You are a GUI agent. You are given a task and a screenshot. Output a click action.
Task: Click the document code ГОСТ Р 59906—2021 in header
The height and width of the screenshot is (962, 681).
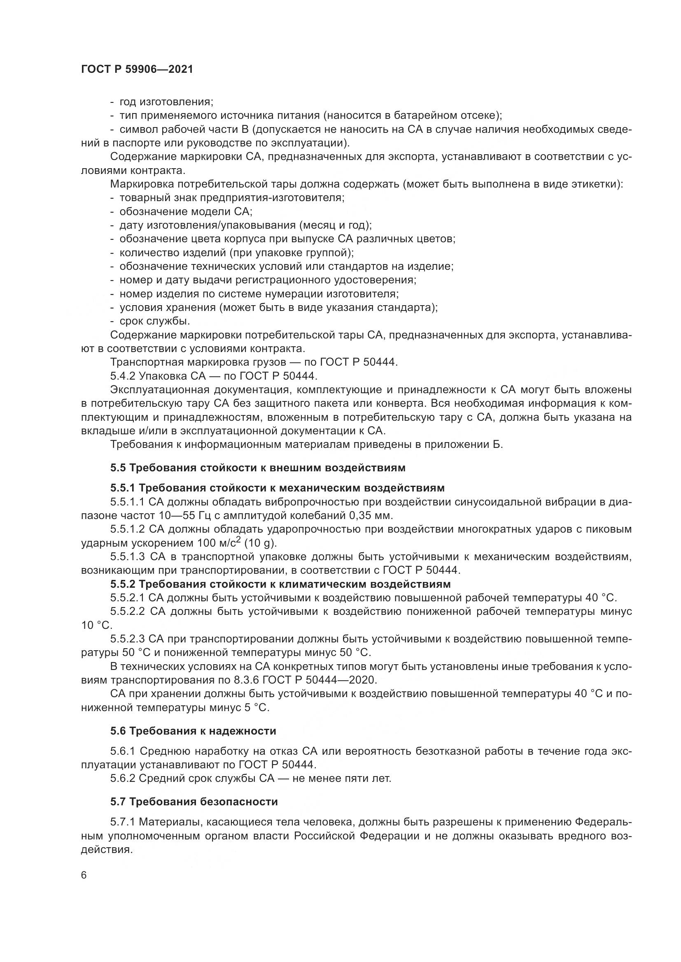click(x=137, y=70)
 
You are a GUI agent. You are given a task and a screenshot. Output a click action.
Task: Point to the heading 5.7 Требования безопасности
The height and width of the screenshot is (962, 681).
click(x=194, y=802)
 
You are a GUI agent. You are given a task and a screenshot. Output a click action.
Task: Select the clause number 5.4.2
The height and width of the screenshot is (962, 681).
click(x=122, y=376)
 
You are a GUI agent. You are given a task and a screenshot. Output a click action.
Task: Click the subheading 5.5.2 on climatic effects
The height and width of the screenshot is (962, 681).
click(x=280, y=584)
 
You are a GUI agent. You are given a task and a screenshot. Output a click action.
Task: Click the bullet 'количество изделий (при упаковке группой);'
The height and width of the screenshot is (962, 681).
click(x=236, y=253)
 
